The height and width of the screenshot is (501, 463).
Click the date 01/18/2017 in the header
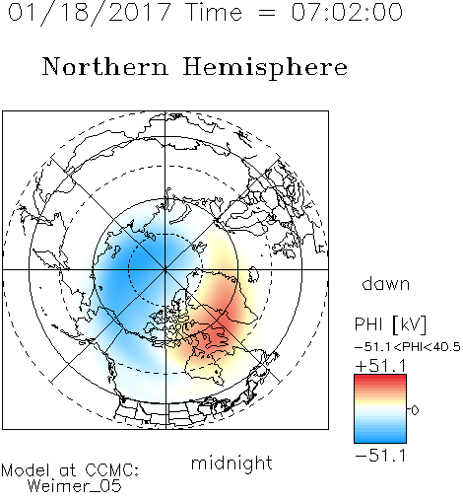89,13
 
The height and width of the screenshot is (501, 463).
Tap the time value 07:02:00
347,12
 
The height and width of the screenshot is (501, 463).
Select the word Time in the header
214,12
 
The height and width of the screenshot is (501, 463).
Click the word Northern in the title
105,66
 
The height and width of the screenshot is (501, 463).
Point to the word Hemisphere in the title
265,67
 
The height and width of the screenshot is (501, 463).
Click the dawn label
386,283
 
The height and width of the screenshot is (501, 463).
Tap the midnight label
231,463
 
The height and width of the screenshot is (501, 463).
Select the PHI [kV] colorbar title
390,324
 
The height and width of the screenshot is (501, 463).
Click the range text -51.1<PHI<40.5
408,347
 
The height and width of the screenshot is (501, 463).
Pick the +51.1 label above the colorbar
381,366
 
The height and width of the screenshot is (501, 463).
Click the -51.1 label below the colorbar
381,456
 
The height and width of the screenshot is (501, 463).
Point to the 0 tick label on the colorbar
415,410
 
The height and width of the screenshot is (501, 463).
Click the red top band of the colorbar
380,379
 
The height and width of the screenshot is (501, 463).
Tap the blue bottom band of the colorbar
380,439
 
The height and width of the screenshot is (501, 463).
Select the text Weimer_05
75,486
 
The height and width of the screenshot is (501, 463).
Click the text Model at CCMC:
70,470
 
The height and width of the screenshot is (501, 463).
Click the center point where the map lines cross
165,269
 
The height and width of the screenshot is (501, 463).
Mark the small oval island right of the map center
253,275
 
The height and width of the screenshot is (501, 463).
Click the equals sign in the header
267,13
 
